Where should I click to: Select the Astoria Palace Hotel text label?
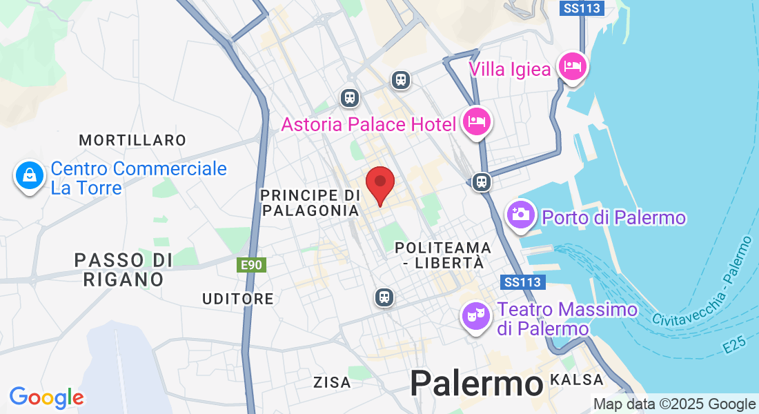(x=368, y=124)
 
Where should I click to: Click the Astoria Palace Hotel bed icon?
(x=476, y=122)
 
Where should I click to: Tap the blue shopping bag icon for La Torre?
(x=30, y=177)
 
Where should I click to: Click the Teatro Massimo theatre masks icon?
(x=475, y=317)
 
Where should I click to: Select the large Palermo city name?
(x=476, y=383)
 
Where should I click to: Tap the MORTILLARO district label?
(x=132, y=140)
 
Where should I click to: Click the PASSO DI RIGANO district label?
(x=123, y=270)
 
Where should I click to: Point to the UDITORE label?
(x=238, y=299)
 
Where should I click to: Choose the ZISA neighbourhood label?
(x=332, y=382)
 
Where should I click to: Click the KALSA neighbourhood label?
(x=577, y=379)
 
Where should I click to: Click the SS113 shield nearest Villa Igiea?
(x=582, y=8)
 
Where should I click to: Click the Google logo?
(x=46, y=397)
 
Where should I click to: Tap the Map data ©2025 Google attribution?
(x=674, y=404)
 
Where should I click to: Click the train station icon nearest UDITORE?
(x=384, y=297)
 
